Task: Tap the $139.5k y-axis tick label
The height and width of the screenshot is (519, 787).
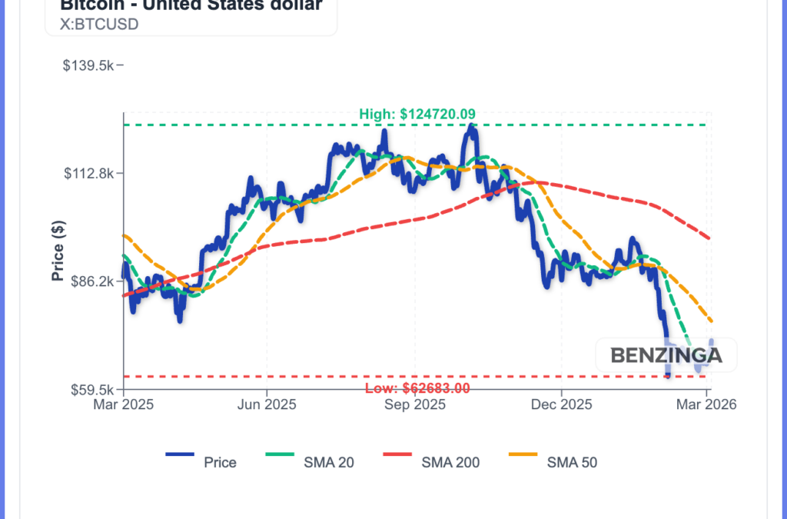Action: tap(88, 65)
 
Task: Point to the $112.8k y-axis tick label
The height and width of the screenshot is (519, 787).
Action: tap(88, 173)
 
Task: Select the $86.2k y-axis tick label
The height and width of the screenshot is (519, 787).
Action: tap(91, 281)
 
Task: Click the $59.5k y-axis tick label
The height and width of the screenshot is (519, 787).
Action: tap(91, 390)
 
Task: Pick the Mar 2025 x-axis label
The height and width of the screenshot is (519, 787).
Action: tap(124, 404)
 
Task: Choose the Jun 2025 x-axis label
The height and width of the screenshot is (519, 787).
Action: tap(267, 404)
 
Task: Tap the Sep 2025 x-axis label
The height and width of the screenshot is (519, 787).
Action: tap(414, 404)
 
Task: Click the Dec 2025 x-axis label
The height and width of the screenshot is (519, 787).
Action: tap(562, 404)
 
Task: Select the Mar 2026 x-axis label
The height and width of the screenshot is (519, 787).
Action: tap(706, 404)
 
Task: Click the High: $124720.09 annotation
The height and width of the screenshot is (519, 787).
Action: tap(417, 115)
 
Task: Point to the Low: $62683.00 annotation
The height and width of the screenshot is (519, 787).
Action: tap(417, 388)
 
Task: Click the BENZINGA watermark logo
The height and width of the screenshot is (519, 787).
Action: tap(666, 355)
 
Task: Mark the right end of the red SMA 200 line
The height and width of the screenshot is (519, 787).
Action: tap(709, 238)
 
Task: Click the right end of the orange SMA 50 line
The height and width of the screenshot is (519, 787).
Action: tap(712, 321)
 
